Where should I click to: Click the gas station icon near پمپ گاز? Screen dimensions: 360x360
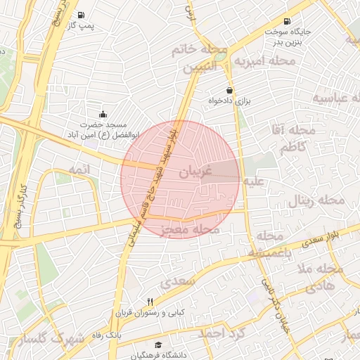82,15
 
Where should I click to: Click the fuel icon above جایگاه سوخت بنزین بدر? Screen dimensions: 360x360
286,21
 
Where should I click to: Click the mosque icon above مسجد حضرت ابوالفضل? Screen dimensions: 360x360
103,113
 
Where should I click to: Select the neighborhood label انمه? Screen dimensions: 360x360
77,169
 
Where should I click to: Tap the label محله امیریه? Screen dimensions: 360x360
262,61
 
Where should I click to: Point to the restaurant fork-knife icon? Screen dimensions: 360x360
150,302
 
